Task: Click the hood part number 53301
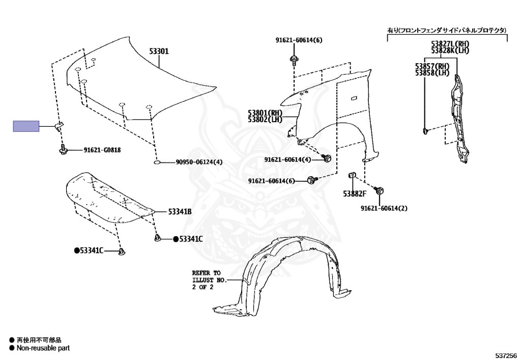click(x=159, y=51)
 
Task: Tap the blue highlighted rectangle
click(x=26, y=126)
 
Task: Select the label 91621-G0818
click(x=102, y=150)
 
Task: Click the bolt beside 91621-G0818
click(x=63, y=150)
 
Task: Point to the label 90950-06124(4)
click(x=199, y=162)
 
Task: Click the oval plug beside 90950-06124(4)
click(x=158, y=162)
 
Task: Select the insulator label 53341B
click(x=180, y=211)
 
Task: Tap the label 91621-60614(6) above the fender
click(x=299, y=40)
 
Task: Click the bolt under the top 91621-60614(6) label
click(x=294, y=61)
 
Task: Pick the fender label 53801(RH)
click(x=265, y=113)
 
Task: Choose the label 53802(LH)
click(x=265, y=119)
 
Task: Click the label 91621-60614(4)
click(x=288, y=160)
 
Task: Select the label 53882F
click(x=355, y=193)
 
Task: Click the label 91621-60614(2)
click(x=384, y=208)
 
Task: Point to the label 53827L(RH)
click(x=450, y=44)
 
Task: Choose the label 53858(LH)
click(x=432, y=72)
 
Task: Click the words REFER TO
click(x=206, y=273)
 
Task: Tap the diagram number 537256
click(x=506, y=355)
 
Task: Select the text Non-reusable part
click(x=43, y=348)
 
